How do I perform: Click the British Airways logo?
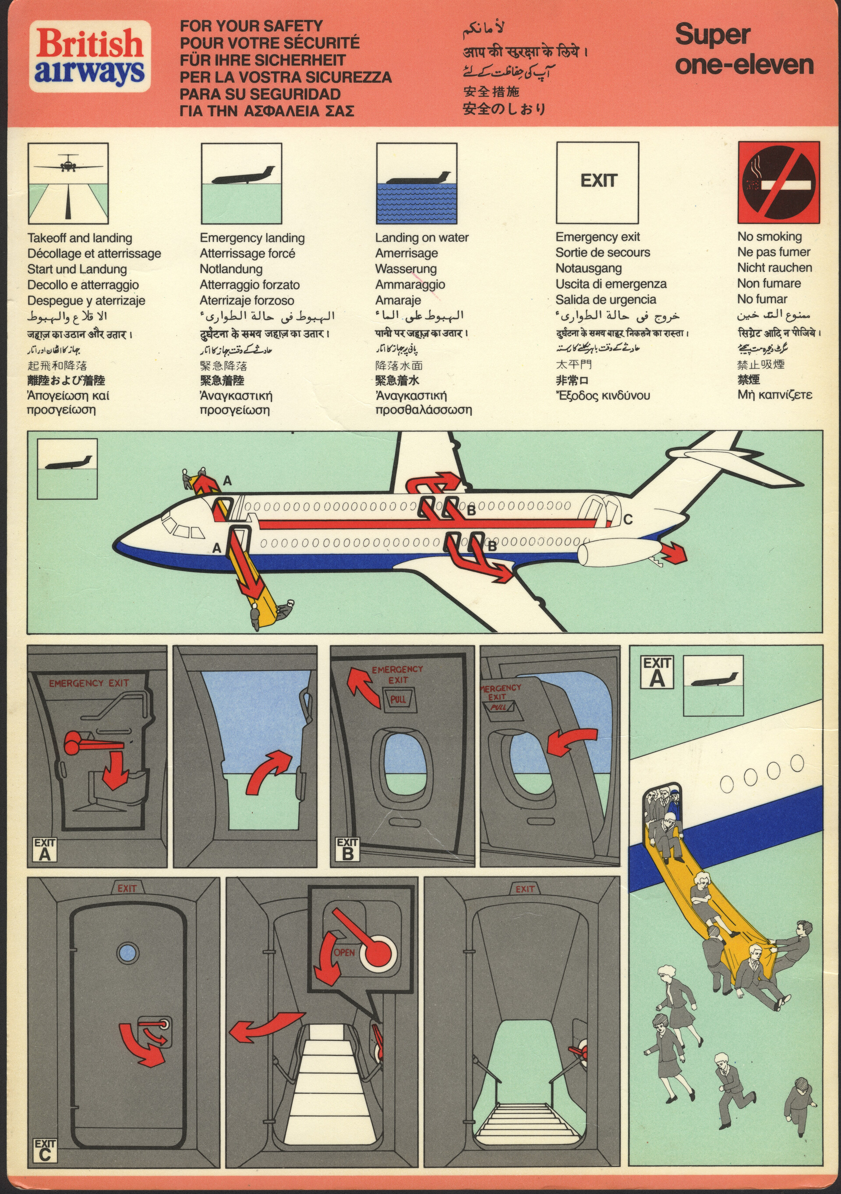pos(89,57)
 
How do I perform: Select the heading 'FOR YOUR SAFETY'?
pos(251,26)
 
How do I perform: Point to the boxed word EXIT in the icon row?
pos(598,181)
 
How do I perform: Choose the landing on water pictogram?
pos(416,184)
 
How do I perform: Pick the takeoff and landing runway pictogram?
pos(68,184)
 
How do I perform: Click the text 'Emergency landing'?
pos(252,238)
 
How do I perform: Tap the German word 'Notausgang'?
pos(588,268)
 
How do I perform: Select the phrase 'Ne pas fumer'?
pos(774,252)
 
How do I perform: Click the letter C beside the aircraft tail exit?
pos(628,519)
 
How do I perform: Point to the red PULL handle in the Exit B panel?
pos(398,699)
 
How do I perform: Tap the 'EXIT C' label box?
pos(45,1151)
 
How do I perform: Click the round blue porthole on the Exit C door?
pos(128,953)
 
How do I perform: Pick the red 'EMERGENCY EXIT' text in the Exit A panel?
pos(88,683)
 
